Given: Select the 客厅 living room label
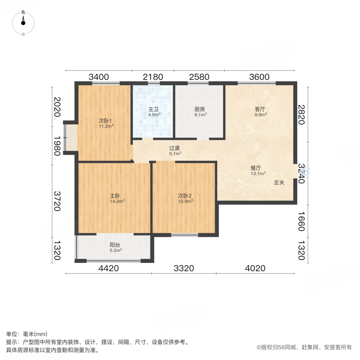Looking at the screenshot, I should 261,108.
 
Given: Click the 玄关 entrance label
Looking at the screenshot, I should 279,182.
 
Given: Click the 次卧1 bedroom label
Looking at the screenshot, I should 106,121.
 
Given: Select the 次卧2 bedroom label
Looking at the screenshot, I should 185,196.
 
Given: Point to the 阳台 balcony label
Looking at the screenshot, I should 115,245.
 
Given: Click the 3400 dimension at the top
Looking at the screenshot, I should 98,77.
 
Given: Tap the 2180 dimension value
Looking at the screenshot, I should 153,77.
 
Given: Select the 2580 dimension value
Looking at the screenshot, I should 199,77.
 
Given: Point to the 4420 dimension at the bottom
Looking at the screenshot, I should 108,268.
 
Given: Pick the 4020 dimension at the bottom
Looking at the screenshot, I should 255,268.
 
